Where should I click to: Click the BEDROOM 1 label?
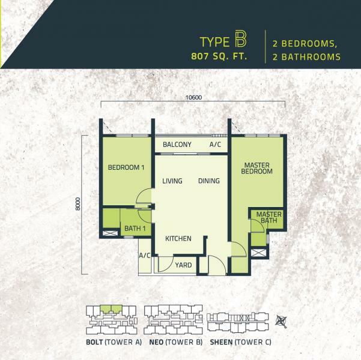point(126,167)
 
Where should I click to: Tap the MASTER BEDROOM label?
point(256,168)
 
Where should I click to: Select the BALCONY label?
point(177,145)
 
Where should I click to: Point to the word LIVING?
point(172,181)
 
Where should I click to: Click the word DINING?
point(209,181)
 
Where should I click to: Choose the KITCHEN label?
point(178,239)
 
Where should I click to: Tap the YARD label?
point(183,265)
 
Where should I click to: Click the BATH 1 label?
point(135,229)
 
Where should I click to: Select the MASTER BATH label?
point(268,217)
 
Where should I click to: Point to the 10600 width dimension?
point(193,98)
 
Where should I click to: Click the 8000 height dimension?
point(78,204)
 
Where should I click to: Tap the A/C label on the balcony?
point(215,145)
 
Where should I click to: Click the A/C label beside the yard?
point(145,256)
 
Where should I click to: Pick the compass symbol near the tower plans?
point(281,322)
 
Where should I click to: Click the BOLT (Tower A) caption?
point(114,342)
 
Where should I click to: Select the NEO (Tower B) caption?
point(176,342)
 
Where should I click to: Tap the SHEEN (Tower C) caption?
point(241,342)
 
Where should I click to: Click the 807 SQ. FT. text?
point(219,56)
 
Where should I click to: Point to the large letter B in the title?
point(241,40)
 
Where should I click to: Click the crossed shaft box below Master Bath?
point(258,253)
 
